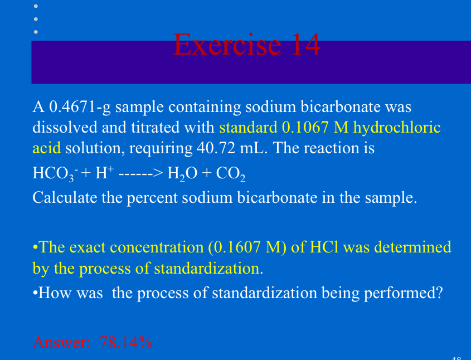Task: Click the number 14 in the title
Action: coord(304,45)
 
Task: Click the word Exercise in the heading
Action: coord(226,45)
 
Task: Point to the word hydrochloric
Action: coord(397,127)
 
